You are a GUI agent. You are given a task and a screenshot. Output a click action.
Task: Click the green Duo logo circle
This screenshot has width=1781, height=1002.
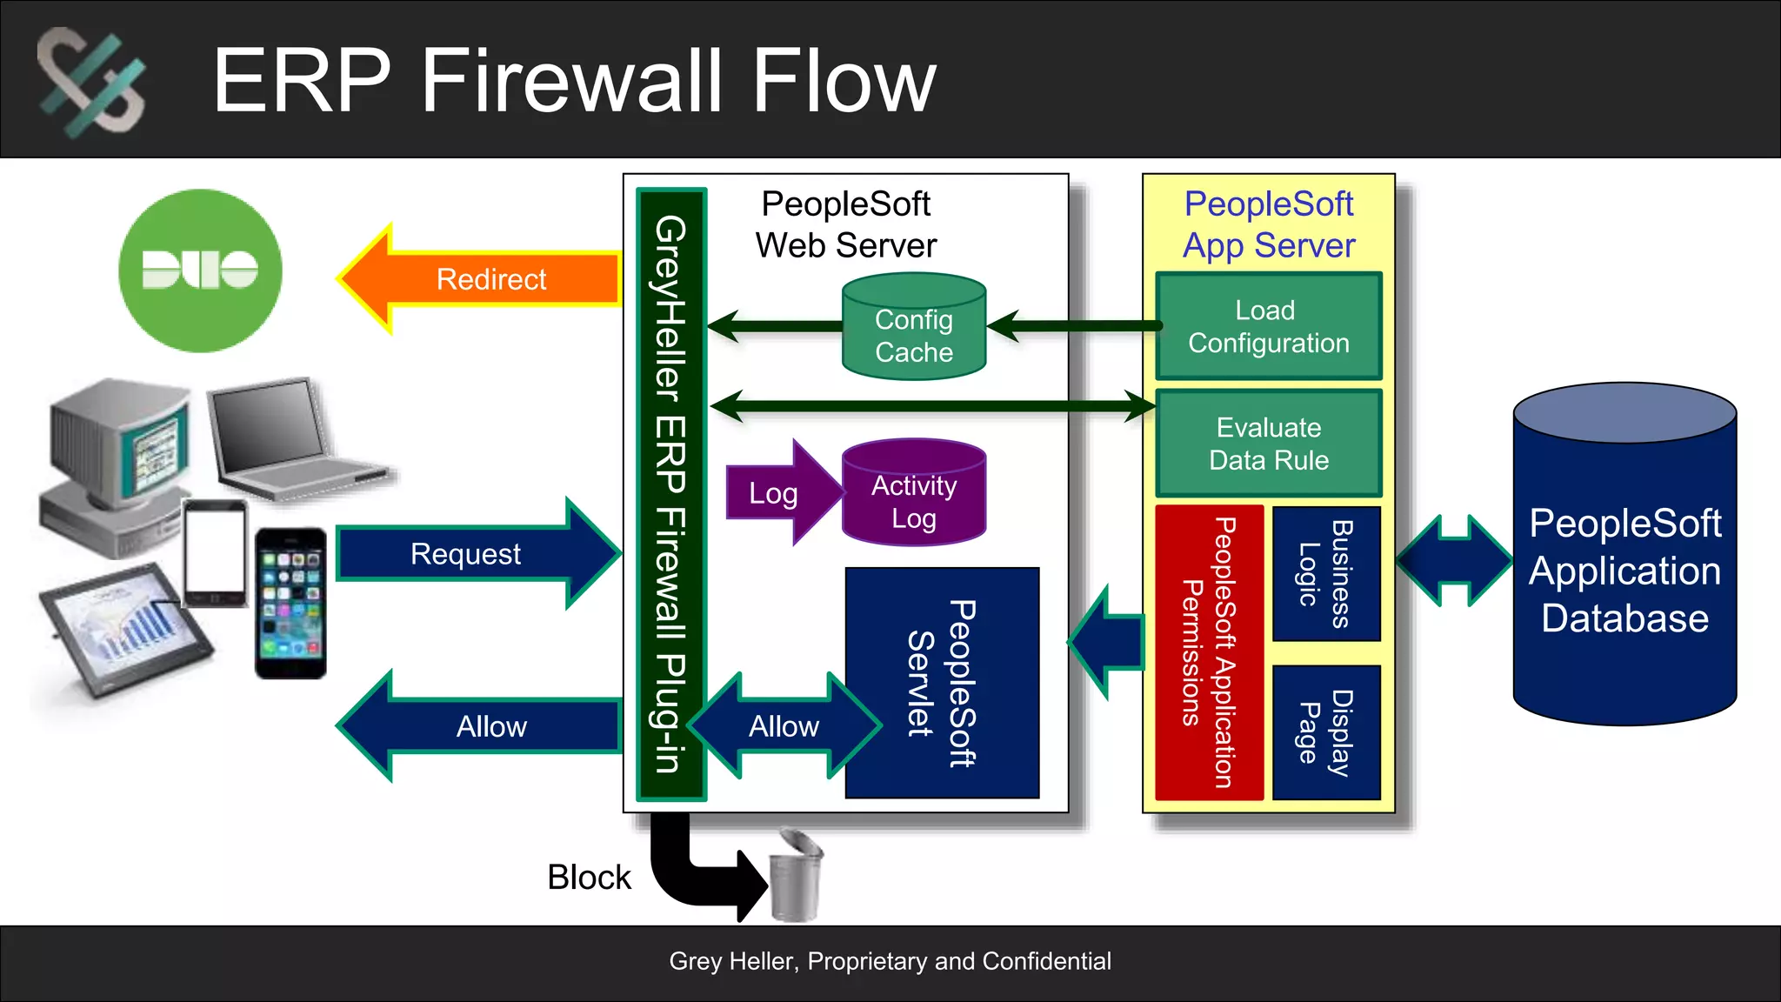click(x=200, y=271)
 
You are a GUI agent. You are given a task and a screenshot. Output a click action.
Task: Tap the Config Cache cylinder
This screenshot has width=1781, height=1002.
click(x=914, y=335)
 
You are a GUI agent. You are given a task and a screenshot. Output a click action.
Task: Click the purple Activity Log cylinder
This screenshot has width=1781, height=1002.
click(x=914, y=500)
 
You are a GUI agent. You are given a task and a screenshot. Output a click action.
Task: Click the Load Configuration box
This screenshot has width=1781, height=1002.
click(x=1268, y=326)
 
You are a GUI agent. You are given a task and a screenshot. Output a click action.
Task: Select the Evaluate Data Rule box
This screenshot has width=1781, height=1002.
click(x=1268, y=444)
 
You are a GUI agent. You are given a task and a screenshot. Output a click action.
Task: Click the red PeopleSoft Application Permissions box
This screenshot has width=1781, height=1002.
click(x=1209, y=652)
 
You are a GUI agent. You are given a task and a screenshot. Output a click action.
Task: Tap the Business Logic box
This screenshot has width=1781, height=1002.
click(x=1326, y=574)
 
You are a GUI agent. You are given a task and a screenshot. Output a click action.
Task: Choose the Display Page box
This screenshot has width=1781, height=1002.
click(x=1326, y=732)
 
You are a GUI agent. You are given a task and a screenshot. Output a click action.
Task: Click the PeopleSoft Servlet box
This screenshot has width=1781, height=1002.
click(x=942, y=683)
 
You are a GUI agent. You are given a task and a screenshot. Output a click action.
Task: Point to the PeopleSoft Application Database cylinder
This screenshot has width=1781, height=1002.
click(x=1624, y=570)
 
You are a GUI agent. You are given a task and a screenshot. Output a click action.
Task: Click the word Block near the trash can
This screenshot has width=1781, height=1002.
click(x=589, y=877)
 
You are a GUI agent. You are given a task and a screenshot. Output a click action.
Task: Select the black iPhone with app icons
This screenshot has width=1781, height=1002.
click(x=290, y=603)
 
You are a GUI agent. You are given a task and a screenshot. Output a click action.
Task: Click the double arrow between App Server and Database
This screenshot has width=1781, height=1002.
click(x=1454, y=560)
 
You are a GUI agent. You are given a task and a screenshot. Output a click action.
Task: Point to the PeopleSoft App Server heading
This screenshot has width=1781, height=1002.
click(x=1268, y=224)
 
